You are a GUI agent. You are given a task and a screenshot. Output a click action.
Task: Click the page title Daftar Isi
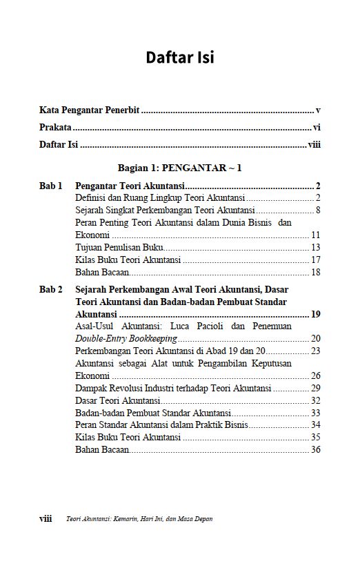(179, 57)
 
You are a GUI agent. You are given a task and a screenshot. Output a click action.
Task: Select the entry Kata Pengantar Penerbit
(89, 110)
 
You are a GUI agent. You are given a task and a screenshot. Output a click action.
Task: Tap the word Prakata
(55, 128)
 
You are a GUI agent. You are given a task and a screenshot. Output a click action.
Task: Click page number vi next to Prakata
(317, 128)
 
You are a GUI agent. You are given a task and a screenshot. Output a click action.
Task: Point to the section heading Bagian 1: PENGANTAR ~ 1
(179, 168)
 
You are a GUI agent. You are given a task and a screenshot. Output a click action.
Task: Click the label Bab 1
(50, 186)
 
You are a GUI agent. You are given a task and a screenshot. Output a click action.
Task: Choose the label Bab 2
(50, 290)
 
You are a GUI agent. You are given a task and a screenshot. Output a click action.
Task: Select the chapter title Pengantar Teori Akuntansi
(130, 186)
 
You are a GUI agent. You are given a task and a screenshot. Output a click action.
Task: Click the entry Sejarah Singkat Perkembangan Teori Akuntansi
(165, 211)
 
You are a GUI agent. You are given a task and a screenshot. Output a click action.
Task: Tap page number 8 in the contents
(318, 211)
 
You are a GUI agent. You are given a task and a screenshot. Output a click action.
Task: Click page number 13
(316, 247)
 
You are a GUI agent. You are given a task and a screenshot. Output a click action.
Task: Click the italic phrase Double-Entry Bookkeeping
(126, 338)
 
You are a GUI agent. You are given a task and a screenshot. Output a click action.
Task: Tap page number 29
(316, 388)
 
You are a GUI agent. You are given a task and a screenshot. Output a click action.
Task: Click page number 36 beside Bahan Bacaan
(316, 450)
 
